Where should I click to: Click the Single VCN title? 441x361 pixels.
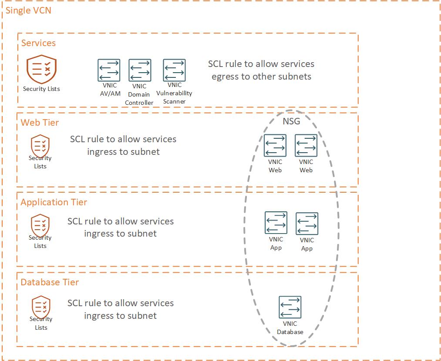point(28,10)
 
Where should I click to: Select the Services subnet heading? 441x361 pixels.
point(38,43)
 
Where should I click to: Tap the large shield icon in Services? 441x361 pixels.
point(41,69)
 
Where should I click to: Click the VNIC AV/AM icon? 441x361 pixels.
point(108,70)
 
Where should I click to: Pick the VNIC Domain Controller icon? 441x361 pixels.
point(140,70)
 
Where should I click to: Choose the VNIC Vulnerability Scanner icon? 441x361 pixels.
point(174,70)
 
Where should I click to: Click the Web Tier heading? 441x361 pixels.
point(40,123)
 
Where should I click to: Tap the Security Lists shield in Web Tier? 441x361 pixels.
point(40,146)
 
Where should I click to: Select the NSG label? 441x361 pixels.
point(291,121)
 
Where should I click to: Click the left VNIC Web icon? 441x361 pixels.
point(275,145)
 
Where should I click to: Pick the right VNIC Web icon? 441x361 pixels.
point(306,145)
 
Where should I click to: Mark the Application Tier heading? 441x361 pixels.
point(54,202)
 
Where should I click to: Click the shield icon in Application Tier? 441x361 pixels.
point(40,225)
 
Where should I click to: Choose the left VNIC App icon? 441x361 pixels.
point(276,223)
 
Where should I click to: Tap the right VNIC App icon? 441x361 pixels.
point(307,224)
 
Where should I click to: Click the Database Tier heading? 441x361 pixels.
point(50,282)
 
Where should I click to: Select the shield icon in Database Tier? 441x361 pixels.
point(41,307)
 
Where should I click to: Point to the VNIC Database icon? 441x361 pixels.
point(290,307)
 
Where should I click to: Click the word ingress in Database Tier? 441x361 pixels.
point(101,316)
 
